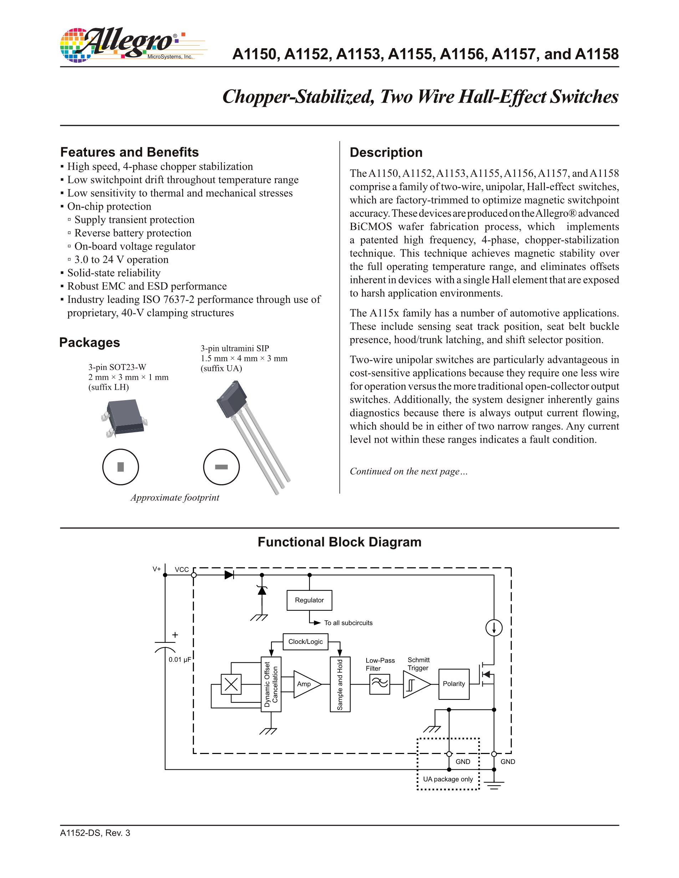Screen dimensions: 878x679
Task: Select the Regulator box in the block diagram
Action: [x=309, y=600]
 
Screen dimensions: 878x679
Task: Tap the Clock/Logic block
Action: [x=305, y=642]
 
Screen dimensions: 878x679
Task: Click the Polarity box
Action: [x=454, y=684]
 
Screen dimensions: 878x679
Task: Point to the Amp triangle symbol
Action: [x=306, y=684]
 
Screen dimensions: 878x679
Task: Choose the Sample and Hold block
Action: [x=340, y=684]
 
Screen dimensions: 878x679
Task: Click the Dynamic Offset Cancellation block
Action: [x=271, y=684]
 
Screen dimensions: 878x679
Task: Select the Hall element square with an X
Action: [x=231, y=684]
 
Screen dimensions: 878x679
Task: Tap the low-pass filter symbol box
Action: [x=379, y=684]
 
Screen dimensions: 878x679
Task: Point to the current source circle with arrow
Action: [x=494, y=628]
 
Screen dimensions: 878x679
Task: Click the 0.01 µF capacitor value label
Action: [x=180, y=660]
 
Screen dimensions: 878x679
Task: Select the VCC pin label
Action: [x=182, y=570]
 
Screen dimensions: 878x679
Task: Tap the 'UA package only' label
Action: [x=448, y=779]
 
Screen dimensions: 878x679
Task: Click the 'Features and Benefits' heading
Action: [x=129, y=153]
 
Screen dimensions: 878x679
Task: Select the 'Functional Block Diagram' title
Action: [x=339, y=542]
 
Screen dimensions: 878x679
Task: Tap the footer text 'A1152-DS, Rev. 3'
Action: [x=95, y=833]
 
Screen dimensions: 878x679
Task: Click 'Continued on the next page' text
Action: [x=408, y=471]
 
